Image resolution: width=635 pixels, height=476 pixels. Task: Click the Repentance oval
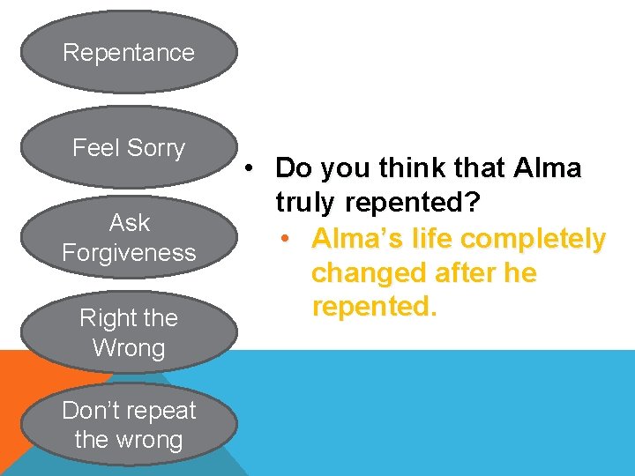pyautogui.click(x=129, y=52)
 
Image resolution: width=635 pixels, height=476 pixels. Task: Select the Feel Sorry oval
pyautogui.click(x=129, y=147)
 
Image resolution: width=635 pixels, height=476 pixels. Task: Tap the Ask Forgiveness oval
pyautogui.click(x=129, y=238)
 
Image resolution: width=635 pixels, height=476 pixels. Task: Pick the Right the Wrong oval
pyautogui.click(x=129, y=333)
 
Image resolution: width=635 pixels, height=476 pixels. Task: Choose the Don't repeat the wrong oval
pyautogui.click(x=129, y=425)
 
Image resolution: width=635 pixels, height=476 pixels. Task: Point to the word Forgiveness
pyautogui.click(x=129, y=253)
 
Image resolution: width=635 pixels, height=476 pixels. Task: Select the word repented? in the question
pyautogui.click(x=413, y=204)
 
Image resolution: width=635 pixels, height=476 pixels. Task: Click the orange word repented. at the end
pyautogui.click(x=374, y=308)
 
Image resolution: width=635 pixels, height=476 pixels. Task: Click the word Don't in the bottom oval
pyautogui.click(x=92, y=410)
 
